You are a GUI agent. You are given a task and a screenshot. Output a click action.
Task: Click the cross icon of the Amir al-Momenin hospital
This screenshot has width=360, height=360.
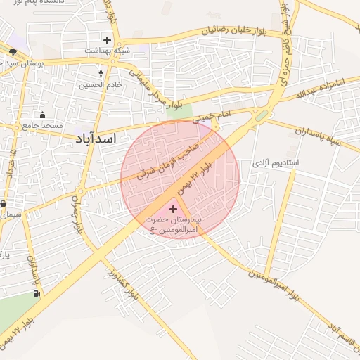(x=174, y=209)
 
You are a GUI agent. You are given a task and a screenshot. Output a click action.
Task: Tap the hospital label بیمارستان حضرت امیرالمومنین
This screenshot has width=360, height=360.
(x=174, y=225)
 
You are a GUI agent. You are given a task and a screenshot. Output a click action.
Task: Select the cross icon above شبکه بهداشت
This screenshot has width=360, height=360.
(x=107, y=40)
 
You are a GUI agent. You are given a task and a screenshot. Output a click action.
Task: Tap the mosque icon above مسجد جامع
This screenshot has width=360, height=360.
(x=43, y=115)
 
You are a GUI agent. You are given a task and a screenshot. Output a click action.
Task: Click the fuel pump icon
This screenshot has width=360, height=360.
(x=36, y=294)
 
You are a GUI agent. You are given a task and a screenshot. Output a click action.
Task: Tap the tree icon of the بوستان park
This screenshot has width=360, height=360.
(x=13, y=52)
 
